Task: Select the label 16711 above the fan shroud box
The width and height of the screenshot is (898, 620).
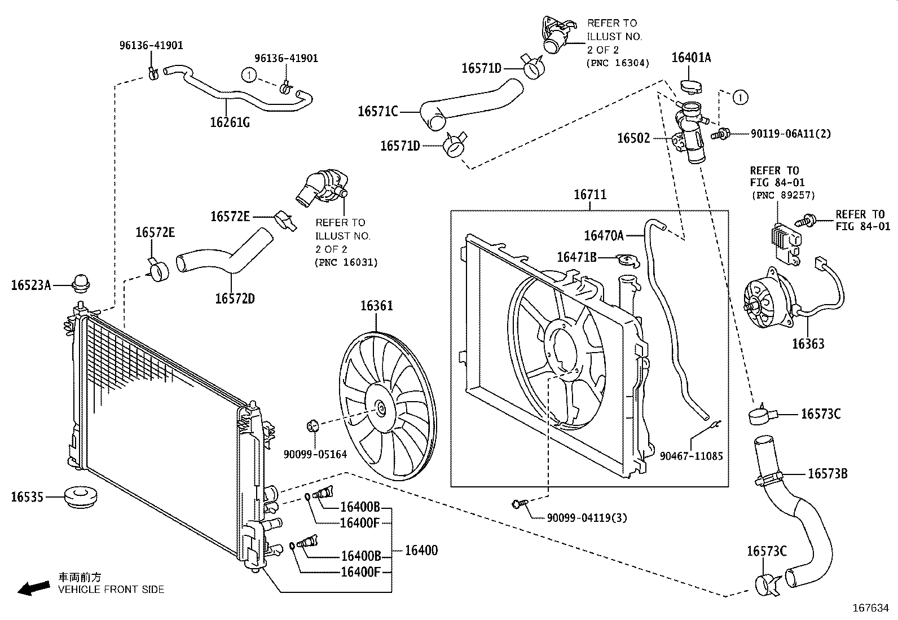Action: tap(590, 195)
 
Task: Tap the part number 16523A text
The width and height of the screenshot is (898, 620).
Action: tap(31, 285)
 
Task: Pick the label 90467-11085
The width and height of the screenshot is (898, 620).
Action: tap(691, 456)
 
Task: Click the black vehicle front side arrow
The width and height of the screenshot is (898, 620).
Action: tap(33, 588)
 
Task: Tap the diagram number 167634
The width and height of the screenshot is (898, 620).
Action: tap(870, 608)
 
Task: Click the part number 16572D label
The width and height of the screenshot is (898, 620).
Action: tap(235, 298)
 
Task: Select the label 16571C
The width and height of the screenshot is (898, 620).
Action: tap(377, 111)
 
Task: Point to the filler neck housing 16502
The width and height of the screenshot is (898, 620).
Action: tap(689, 133)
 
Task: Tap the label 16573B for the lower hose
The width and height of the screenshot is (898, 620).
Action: tap(827, 474)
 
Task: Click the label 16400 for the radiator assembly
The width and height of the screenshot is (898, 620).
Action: tap(421, 550)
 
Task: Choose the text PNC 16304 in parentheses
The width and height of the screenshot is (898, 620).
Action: tap(618, 63)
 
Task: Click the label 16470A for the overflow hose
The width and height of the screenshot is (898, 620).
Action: tap(604, 236)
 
